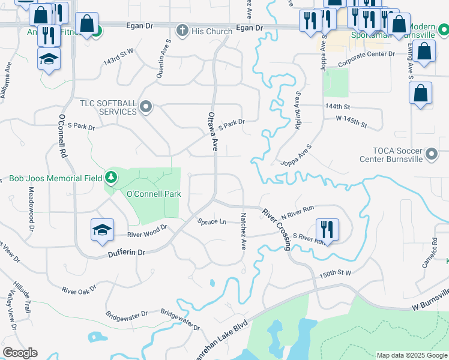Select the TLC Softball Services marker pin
(x=145, y=107)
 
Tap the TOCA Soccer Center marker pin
(x=431, y=155)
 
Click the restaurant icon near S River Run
(x=327, y=229)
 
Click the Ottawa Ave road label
(x=211, y=130)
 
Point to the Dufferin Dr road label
(x=127, y=253)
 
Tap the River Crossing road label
(x=277, y=229)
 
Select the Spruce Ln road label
(x=212, y=221)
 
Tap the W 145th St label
(x=351, y=122)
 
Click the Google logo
(x=20, y=353)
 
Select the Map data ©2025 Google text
(x=412, y=355)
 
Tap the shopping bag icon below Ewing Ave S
(x=420, y=94)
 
